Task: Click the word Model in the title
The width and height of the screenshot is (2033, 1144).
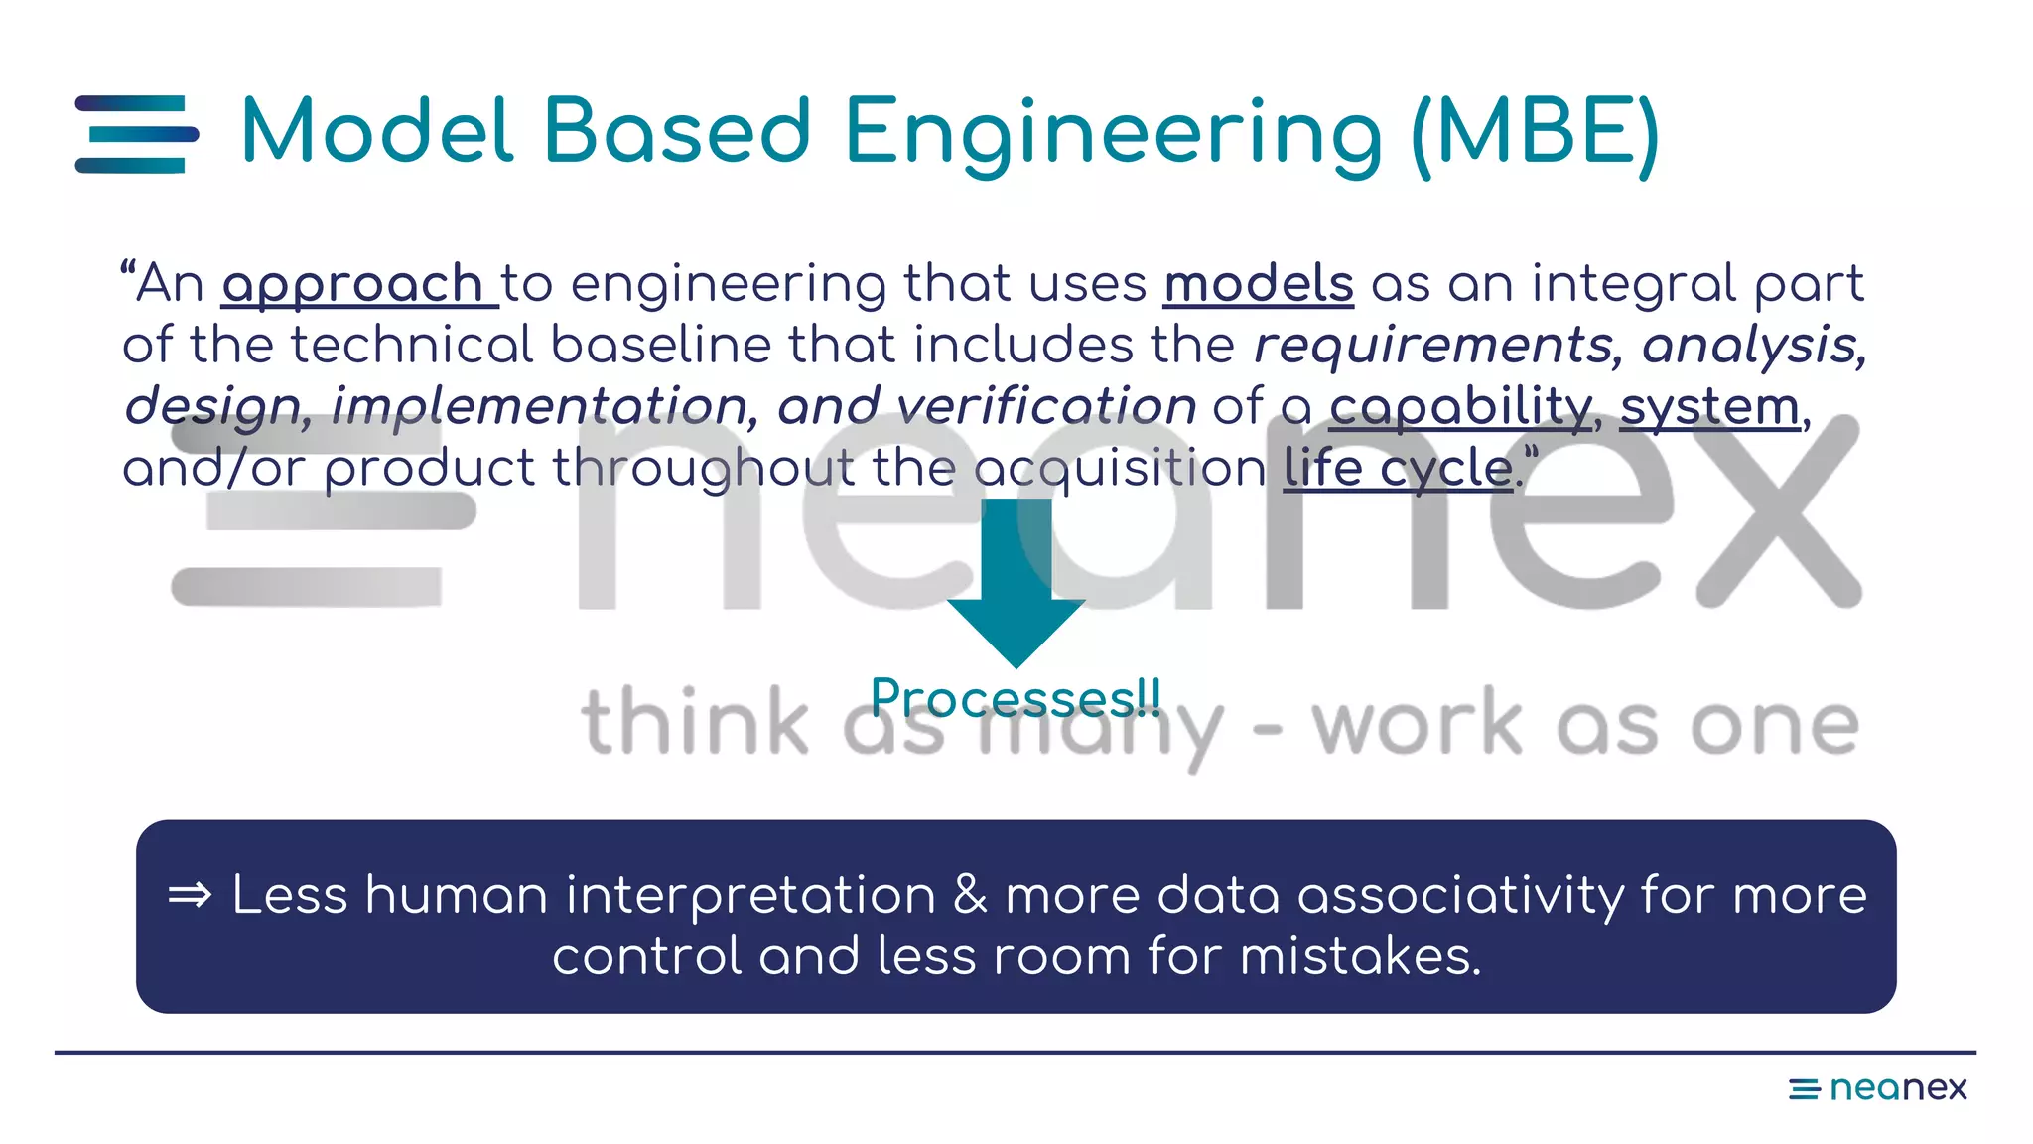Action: click(x=377, y=131)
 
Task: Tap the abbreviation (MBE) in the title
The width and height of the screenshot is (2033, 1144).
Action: click(x=1535, y=133)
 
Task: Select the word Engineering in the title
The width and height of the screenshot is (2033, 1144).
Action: click(x=1113, y=135)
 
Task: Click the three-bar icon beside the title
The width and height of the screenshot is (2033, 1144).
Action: click(x=137, y=134)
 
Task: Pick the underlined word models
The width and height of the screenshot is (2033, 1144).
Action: click(x=1258, y=284)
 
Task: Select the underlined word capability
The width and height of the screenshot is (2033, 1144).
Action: click(x=1460, y=407)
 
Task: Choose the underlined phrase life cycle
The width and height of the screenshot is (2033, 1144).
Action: click(x=1397, y=468)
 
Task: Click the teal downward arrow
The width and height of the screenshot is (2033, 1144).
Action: click(x=1016, y=586)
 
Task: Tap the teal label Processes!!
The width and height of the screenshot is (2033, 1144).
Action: click(x=1016, y=698)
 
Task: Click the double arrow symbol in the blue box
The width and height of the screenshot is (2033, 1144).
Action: click(x=190, y=896)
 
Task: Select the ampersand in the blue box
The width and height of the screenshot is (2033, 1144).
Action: click(x=970, y=895)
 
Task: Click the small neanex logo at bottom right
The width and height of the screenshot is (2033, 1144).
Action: click(x=1877, y=1088)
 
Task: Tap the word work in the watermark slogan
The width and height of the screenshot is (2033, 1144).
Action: click(x=1417, y=724)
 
